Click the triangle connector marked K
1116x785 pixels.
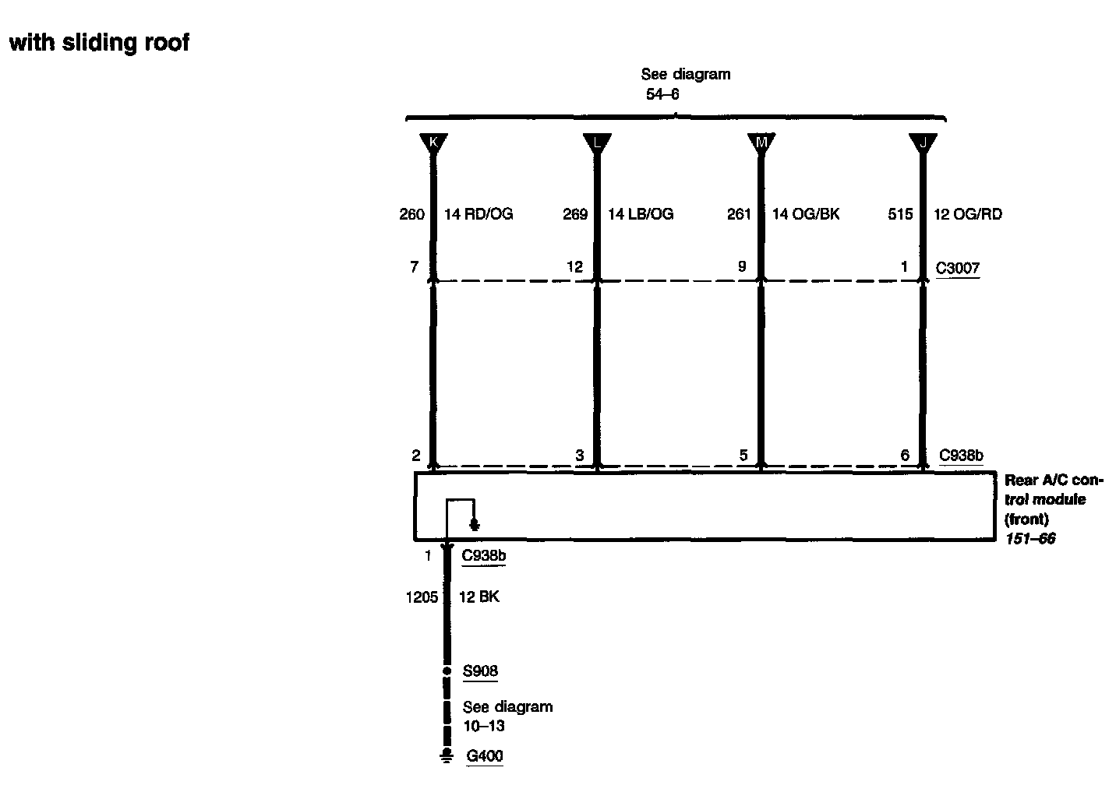(x=433, y=143)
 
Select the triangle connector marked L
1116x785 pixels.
(x=597, y=143)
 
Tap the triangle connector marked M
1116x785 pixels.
(x=761, y=143)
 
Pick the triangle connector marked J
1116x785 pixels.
(x=923, y=143)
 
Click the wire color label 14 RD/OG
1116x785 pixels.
(x=479, y=214)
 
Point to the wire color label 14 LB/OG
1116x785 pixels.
(x=641, y=214)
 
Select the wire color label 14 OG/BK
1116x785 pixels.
(x=806, y=214)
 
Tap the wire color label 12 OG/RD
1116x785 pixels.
(x=968, y=214)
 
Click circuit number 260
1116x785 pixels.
(x=411, y=214)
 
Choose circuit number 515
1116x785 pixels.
(x=900, y=214)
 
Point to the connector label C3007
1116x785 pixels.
(x=958, y=269)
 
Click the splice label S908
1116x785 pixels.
(x=480, y=671)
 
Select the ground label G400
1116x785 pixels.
(x=484, y=755)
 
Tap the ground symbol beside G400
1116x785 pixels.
(x=447, y=755)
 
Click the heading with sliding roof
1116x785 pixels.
(x=99, y=42)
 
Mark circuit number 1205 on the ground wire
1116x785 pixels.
(x=422, y=597)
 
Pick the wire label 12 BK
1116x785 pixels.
(x=479, y=597)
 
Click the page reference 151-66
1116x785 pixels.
(x=1029, y=539)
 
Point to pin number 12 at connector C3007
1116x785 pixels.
(x=575, y=267)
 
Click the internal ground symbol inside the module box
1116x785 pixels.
(x=475, y=525)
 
